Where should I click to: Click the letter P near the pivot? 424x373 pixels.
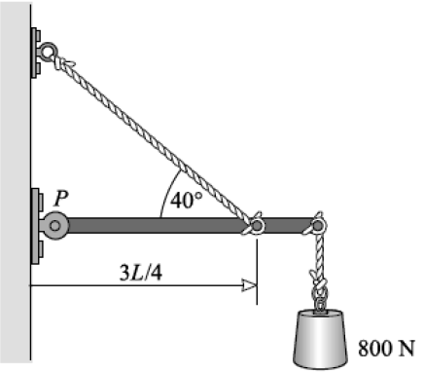60,198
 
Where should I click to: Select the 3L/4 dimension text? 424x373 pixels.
141,274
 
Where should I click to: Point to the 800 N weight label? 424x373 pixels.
386,349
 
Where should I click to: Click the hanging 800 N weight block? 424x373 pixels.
320,339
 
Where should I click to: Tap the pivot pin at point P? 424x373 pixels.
55,225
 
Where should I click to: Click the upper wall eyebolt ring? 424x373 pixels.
49,51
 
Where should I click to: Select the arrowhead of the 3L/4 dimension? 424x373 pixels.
250,285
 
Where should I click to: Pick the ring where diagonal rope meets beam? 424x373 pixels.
257,225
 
